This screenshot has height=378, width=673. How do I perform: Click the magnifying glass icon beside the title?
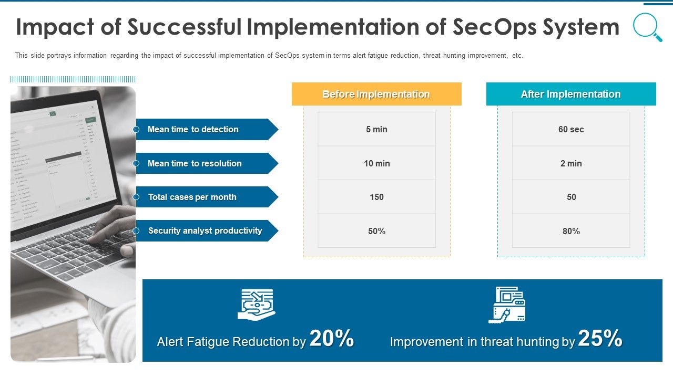[647, 27]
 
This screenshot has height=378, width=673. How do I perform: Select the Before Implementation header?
[376, 94]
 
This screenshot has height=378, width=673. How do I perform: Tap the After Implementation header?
[571, 94]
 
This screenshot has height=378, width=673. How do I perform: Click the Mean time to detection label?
[193, 129]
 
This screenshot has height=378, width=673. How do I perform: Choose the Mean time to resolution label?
[195, 163]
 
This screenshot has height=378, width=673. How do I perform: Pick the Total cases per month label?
[192, 197]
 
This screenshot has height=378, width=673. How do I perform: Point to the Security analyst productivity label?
[205, 230]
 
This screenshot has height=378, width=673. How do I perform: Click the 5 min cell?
[376, 129]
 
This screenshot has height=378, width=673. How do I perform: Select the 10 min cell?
[376, 163]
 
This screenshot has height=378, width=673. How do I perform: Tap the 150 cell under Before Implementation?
[376, 197]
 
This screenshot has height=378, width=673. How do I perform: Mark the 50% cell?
[376, 231]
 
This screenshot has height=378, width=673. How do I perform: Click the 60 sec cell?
[571, 129]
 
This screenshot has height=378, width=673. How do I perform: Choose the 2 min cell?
[571, 163]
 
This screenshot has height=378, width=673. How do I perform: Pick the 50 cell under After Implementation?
[571, 197]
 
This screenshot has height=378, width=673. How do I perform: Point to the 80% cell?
[571, 231]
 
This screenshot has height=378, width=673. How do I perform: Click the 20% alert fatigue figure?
[332, 339]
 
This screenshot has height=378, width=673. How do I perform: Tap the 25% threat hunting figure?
[600, 339]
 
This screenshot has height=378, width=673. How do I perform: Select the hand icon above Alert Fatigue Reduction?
[257, 304]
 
